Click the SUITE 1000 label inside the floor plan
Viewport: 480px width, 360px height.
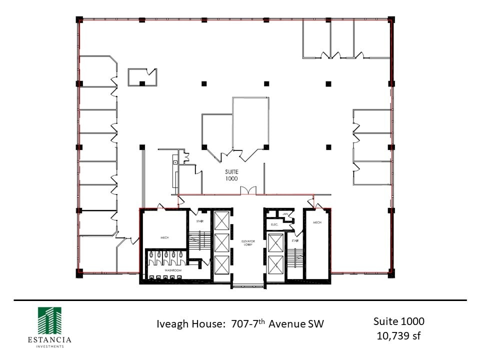point(231,174)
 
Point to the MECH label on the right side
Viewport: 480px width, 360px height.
point(317,222)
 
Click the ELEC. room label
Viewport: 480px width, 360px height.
point(274,224)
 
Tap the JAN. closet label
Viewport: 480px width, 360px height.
point(285,214)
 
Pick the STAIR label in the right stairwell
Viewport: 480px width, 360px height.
point(295,241)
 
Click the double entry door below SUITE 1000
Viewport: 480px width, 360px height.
point(248,190)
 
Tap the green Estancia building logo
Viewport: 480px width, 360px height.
point(49,320)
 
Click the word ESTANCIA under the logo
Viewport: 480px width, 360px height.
point(49,340)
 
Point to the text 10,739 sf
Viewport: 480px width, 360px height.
point(398,335)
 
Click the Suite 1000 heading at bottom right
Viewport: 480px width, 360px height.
point(398,320)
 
